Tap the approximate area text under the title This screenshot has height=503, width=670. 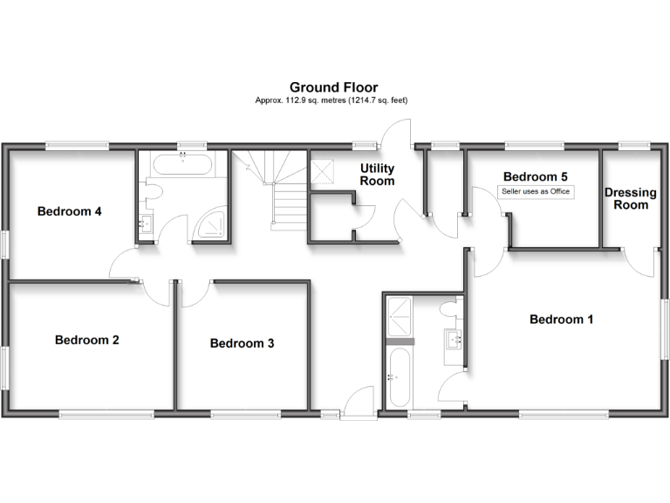331,100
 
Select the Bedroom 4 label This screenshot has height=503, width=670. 70,211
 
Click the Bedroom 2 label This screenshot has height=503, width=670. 87,340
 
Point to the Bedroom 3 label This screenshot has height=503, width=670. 242,343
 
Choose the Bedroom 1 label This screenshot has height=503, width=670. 561,320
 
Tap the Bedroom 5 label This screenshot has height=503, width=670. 535,175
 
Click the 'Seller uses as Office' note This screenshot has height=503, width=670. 536,191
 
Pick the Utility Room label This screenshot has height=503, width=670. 377,175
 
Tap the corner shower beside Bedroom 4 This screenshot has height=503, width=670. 211,224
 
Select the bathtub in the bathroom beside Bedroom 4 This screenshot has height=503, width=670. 183,162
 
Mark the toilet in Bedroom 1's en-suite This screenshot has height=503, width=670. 448,308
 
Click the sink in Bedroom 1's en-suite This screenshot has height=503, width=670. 453,338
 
